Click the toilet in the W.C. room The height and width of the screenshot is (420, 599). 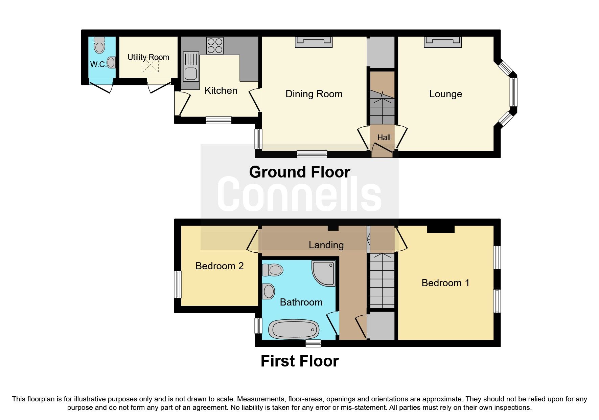pos(99,45)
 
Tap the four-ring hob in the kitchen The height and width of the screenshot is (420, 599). pos(215,45)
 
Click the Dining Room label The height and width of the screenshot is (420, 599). pos(314,94)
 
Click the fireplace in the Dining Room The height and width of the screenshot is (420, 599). pos(314,42)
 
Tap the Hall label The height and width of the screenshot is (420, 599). pos(384,138)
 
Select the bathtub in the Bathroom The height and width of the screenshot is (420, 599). pos(294,329)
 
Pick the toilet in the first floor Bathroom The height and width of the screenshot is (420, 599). pos(273,270)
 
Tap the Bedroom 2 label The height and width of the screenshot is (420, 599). pos(219,266)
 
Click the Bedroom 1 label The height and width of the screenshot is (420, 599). pos(445,283)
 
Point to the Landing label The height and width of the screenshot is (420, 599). pos(326,245)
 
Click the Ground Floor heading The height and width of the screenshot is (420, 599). pos(299,172)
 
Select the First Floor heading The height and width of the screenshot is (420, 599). pos(299,361)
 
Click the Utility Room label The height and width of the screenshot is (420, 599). pos(148,57)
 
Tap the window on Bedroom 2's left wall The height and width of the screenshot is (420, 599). pos(178,284)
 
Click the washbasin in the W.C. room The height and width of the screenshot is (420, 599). pos(111,62)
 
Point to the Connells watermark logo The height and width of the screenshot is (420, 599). pos(299,194)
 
